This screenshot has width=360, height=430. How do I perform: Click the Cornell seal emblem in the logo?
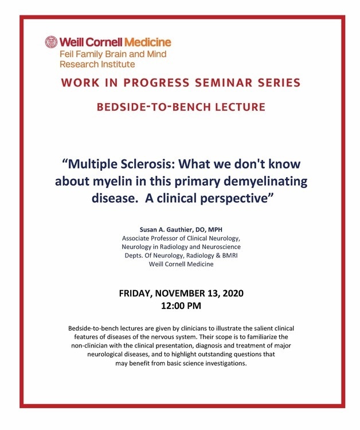(x=51, y=42)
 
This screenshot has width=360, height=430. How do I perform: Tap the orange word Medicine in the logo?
(x=148, y=42)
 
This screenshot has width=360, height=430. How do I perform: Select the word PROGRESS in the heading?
(x=156, y=83)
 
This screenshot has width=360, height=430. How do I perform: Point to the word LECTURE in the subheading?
(x=240, y=107)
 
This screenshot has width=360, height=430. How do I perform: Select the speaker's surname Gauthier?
(x=178, y=229)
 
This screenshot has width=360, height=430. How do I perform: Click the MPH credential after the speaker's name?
(x=216, y=229)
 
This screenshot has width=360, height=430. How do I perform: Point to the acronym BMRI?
(x=230, y=256)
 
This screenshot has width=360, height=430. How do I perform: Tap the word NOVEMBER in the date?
(x=180, y=294)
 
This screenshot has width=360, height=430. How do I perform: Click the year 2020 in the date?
(x=233, y=294)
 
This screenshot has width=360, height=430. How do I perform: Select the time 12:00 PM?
(x=181, y=306)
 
